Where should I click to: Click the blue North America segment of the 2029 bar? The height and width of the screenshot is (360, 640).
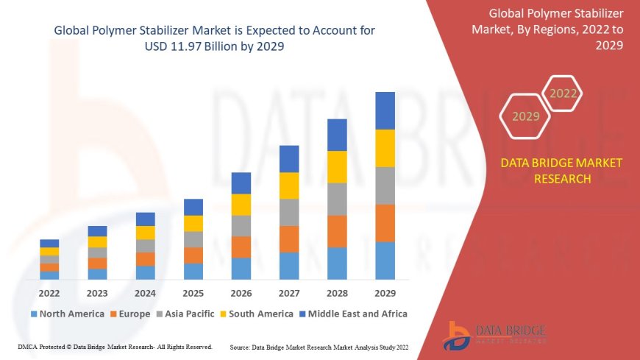(385, 261)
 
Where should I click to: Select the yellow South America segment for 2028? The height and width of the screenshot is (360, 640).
(337, 166)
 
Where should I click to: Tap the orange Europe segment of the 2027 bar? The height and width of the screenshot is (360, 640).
(289, 239)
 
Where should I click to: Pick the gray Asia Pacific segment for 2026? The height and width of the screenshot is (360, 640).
(241, 225)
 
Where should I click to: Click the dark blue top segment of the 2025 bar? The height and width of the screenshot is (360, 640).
(193, 207)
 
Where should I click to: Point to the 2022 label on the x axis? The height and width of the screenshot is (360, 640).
(50, 292)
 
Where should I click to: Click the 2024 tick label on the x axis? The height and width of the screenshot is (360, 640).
(146, 292)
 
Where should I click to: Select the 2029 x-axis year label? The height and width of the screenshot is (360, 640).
(385, 292)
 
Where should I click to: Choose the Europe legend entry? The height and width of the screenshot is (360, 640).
(130, 314)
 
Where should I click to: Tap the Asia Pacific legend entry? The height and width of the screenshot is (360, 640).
(186, 314)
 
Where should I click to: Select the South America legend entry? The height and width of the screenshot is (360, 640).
(255, 314)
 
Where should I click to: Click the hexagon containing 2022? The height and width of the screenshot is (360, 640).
(563, 93)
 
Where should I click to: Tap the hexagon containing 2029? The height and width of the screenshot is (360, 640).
(526, 116)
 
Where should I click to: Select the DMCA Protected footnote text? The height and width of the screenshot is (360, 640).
(115, 346)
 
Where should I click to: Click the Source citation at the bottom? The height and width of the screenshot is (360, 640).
(319, 346)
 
